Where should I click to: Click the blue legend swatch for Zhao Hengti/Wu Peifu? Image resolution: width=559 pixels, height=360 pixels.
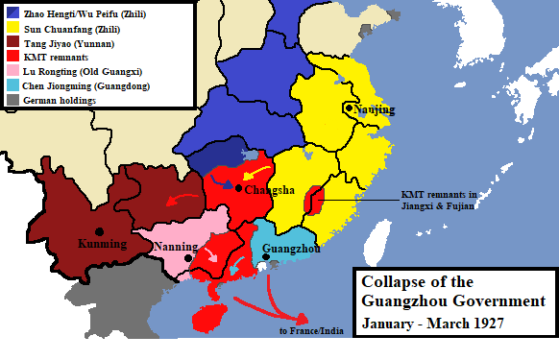[x=12, y=12]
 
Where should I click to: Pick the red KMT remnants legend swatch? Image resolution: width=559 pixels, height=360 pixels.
[x=12, y=57]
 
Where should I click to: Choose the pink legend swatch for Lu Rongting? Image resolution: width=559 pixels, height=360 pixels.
[x=12, y=71]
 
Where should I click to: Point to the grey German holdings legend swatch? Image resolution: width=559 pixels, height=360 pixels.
[x=12, y=100]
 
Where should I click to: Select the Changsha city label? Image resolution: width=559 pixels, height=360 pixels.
[x=271, y=190]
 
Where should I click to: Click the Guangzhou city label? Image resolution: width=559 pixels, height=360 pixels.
[x=291, y=247]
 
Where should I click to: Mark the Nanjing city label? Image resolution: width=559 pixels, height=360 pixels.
[x=377, y=109]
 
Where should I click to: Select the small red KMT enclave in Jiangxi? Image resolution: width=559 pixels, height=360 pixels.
[x=313, y=200]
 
